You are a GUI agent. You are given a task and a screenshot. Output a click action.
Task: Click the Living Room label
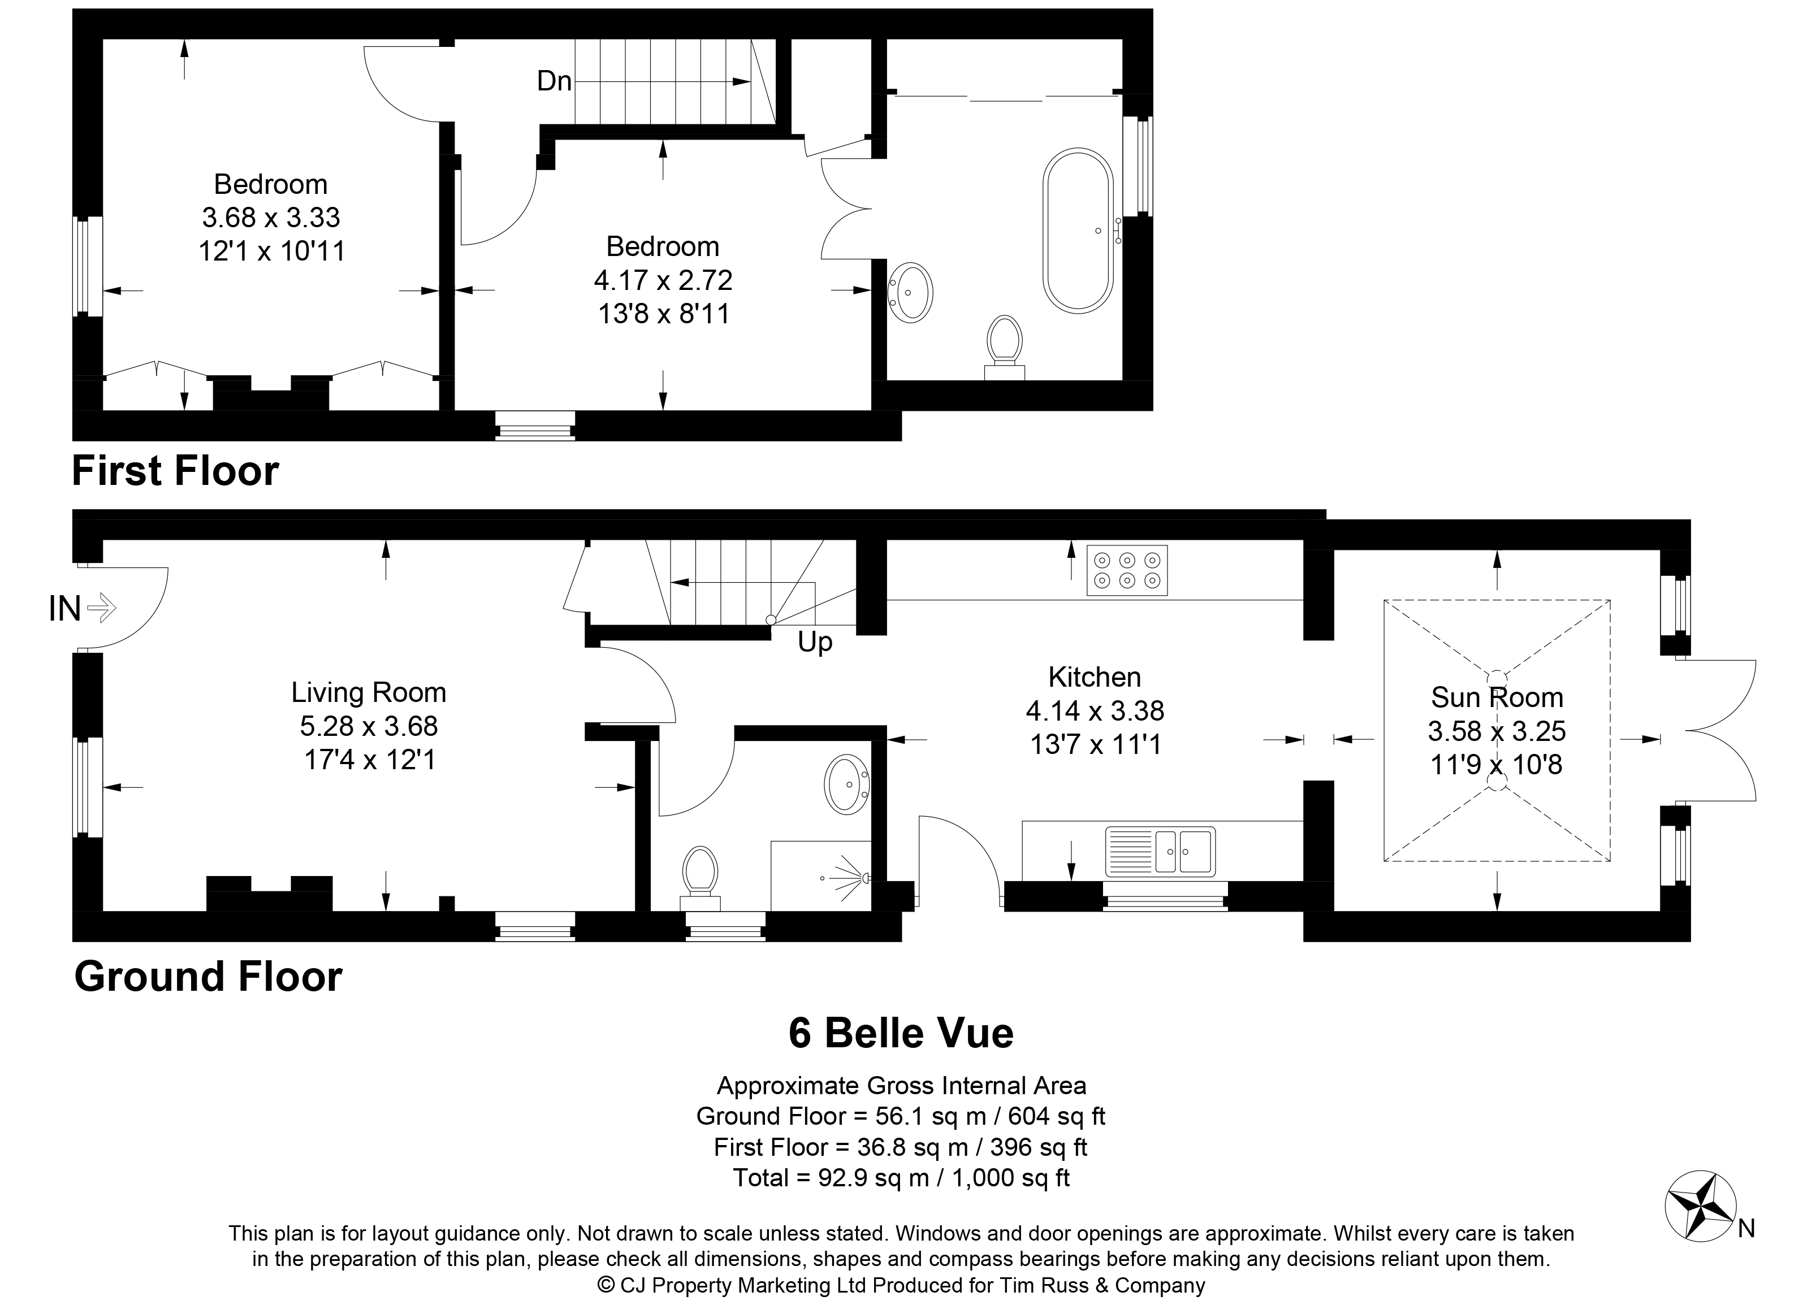[369, 693]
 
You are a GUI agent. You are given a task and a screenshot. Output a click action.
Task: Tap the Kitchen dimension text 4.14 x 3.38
[1095, 710]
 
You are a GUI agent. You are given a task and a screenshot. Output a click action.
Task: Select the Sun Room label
[1497, 698]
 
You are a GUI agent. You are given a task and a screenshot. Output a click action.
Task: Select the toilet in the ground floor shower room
[701, 878]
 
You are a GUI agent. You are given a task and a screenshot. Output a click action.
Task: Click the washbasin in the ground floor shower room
[848, 784]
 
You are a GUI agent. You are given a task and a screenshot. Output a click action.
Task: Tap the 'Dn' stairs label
[554, 81]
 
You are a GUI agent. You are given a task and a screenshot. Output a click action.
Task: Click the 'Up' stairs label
[815, 641]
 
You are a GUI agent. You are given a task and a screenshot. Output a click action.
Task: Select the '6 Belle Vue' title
[901, 1034]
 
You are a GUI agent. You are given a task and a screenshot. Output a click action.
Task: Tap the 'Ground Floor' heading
[208, 977]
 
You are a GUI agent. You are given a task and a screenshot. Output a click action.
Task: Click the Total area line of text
[901, 1177]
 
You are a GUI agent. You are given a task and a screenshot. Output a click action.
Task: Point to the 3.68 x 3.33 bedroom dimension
[271, 217]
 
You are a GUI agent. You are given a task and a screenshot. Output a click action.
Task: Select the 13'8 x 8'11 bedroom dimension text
[664, 314]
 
